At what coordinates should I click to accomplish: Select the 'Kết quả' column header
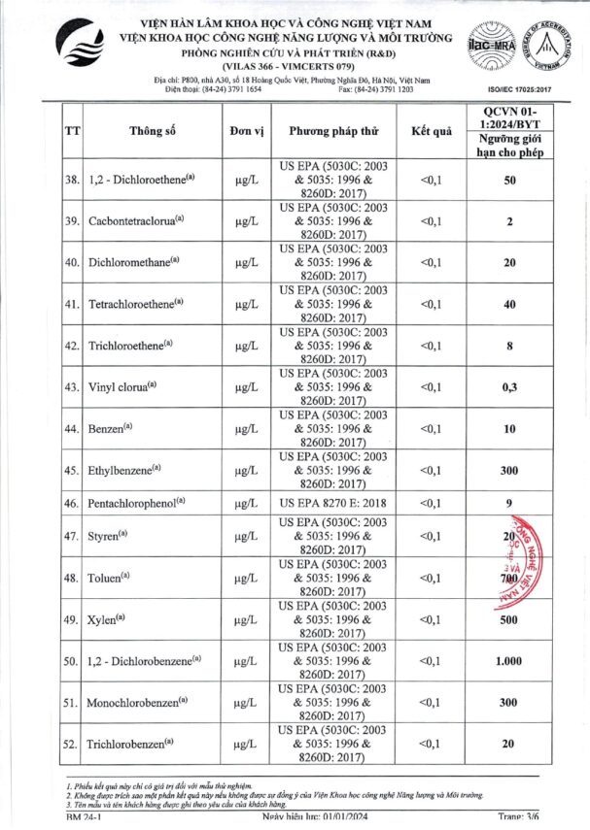(x=431, y=131)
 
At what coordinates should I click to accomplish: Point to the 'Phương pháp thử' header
(x=332, y=131)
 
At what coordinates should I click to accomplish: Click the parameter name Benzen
(x=111, y=428)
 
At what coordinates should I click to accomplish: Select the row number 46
(x=71, y=505)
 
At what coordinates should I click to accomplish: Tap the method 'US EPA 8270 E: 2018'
(x=332, y=505)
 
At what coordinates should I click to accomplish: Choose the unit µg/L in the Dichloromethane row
(x=246, y=262)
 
